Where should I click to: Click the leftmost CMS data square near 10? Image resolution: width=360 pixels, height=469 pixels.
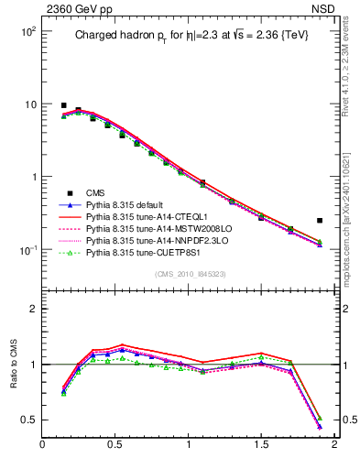point(63,105)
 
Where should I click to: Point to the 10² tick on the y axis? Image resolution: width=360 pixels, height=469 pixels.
point(27,31)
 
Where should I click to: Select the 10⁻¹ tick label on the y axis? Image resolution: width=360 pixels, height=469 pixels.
point(26,249)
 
